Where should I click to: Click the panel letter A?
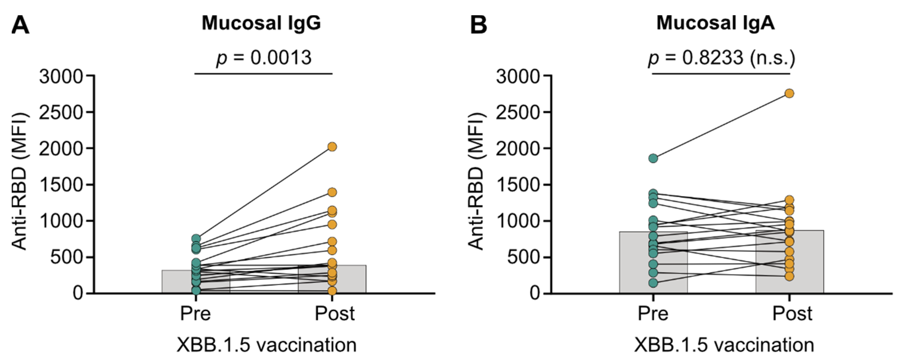coord(20,25)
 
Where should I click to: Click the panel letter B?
coord(478,25)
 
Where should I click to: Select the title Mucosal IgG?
coord(261,23)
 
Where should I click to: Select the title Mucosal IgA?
coord(715,23)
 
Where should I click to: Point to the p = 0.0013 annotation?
coord(264,58)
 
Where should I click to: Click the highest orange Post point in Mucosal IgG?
coord(332,147)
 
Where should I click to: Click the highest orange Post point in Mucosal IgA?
coord(789,93)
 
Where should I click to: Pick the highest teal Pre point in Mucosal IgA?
coord(653,158)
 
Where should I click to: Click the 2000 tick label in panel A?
coord(61,148)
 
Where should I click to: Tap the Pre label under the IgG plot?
coord(195,314)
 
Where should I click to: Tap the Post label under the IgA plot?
coord(792,314)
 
